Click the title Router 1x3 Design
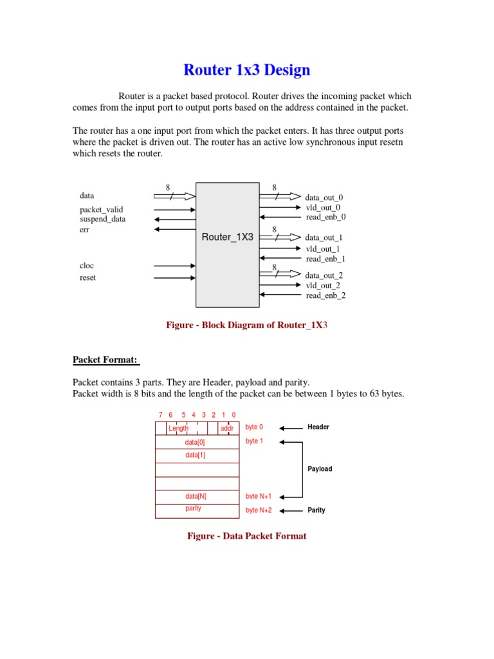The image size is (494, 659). point(247,70)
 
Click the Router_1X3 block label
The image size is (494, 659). point(228,237)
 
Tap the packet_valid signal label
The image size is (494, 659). point(101,210)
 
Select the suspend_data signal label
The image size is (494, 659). point(103,219)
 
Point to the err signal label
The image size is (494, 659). point(84,230)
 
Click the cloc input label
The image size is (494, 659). point(87,265)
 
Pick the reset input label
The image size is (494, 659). point(87,277)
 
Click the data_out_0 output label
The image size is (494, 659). point(324,198)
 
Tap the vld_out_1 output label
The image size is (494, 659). point(323,248)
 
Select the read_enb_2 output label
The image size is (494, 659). point(325,295)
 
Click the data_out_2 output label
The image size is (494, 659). point(324,275)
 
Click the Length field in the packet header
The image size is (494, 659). point(179,428)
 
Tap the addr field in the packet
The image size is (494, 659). point(227,428)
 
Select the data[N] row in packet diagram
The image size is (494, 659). point(196,496)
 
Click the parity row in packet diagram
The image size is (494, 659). point(194,508)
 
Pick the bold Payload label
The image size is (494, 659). point(320,469)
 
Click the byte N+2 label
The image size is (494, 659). point(259,510)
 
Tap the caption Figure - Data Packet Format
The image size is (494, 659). point(247,536)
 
